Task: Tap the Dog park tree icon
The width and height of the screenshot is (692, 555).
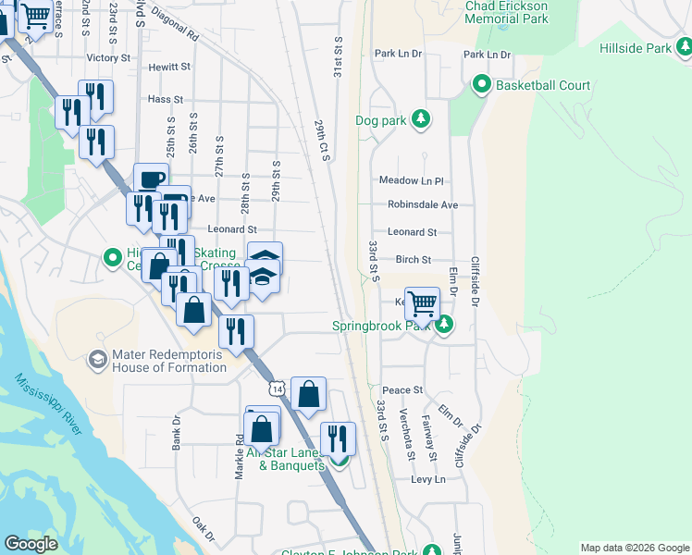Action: pos(421,119)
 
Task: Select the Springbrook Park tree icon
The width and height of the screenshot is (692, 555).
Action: pos(444,325)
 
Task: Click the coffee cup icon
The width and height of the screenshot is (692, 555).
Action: pos(151,179)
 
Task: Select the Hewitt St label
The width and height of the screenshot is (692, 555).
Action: pos(169,67)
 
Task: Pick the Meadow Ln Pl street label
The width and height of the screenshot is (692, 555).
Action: pos(412,180)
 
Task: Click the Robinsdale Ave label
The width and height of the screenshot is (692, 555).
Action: pos(423,204)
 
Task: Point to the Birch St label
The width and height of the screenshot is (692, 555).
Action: pos(414,260)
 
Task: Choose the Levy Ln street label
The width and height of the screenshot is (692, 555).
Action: pos(427,479)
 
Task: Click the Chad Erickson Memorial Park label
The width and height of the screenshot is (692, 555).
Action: pos(506,12)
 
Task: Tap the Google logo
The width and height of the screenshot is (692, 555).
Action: pos(31,544)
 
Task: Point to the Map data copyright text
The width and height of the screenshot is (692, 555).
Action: pos(634,548)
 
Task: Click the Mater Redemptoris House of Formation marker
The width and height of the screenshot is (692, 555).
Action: pos(97,358)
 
